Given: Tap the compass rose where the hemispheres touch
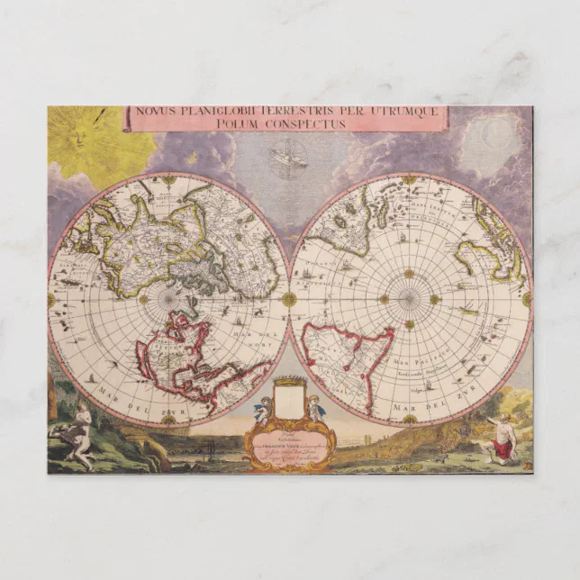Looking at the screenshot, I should (x=289, y=298).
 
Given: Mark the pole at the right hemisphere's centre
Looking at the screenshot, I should (x=410, y=298).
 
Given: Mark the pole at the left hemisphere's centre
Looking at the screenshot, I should (x=168, y=298).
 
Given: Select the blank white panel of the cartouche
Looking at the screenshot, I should (x=288, y=400).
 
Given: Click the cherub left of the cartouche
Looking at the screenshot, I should (x=260, y=411).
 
